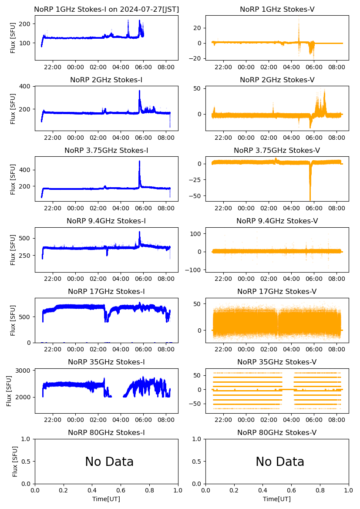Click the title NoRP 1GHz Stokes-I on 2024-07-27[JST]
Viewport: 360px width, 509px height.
(106, 9)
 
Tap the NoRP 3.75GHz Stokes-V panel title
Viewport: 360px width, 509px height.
(277, 150)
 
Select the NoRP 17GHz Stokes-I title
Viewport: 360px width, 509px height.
(106, 291)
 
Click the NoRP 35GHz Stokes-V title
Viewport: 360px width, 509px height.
(277, 362)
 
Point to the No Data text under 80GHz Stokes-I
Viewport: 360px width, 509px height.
(109, 462)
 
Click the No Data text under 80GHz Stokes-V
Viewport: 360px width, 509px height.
(280, 462)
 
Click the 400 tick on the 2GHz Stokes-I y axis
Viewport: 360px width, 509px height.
(26, 86)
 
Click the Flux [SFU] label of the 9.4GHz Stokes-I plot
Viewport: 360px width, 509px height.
(13, 249)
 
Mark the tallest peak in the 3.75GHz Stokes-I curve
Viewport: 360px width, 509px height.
(139, 162)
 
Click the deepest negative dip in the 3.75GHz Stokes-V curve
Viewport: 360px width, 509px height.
(310, 199)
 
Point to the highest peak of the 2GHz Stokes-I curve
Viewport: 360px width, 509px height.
(139, 91)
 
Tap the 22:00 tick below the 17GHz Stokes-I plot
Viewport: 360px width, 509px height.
(53, 349)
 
